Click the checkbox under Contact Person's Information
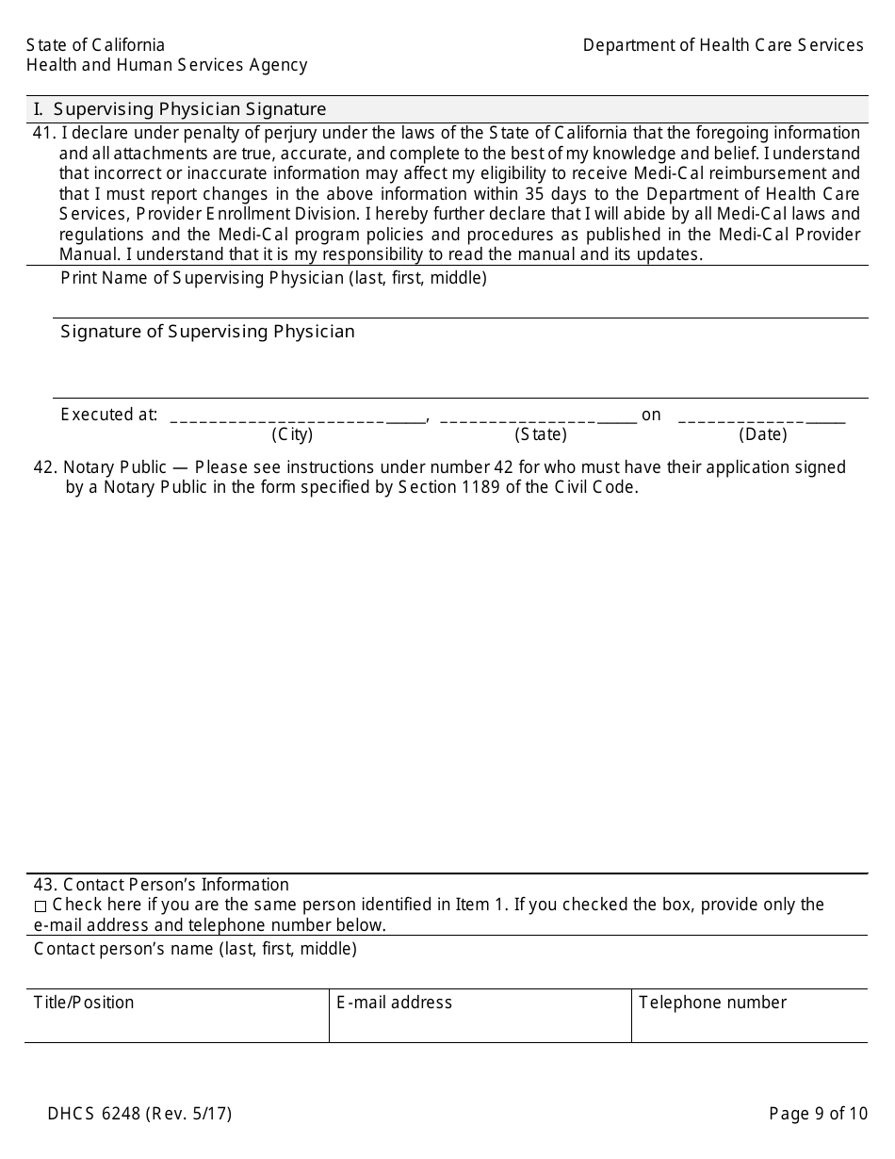(40, 906)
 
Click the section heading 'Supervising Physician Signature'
(189, 109)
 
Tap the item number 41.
(43, 133)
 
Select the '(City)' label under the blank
(292, 434)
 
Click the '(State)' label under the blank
(540, 434)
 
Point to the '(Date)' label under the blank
(762, 434)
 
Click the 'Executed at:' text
(108, 415)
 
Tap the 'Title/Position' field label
(84, 1003)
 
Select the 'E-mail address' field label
(394, 1003)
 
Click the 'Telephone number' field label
(712, 1003)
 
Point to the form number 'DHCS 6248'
(93, 1114)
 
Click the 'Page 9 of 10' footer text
(818, 1114)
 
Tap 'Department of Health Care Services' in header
(723, 45)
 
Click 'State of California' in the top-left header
(95, 45)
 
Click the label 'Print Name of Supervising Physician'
(273, 278)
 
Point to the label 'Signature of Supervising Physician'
(207, 332)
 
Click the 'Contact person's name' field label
(195, 949)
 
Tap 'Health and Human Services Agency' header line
(167, 65)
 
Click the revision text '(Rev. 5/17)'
(188, 1114)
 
